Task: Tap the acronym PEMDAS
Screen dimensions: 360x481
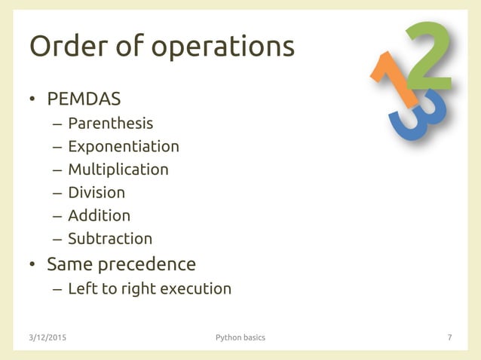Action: pyautogui.click(x=84, y=99)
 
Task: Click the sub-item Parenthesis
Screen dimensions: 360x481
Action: pyautogui.click(x=110, y=123)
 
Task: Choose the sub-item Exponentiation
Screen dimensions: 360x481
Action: pyautogui.click(x=124, y=146)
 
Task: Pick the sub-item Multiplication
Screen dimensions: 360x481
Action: pyautogui.click(x=118, y=169)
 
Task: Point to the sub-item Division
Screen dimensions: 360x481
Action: pyautogui.click(x=97, y=193)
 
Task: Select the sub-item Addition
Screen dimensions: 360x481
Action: pyautogui.click(x=99, y=215)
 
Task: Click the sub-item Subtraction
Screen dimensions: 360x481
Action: pyautogui.click(x=110, y=239)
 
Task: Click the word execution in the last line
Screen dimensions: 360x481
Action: pyautogui.click(x=195, y=288)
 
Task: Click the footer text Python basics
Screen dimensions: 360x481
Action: pyautogui.click(x=240, y=337)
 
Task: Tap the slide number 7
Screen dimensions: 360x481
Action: pyautogui.click(x=449, y=337)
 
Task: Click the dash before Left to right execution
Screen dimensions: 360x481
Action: pyautogui.click(x=57, y=289)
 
